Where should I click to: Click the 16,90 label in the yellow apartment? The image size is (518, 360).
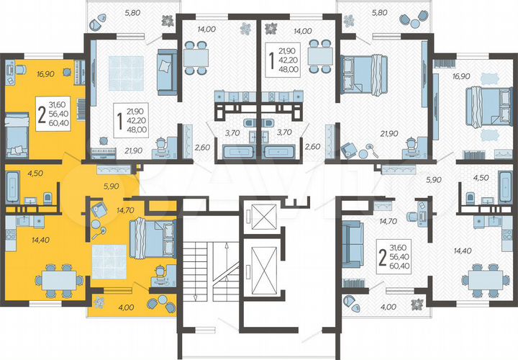point(24,73)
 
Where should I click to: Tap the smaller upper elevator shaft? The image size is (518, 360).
point(259,215)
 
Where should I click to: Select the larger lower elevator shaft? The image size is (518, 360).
point(259,270)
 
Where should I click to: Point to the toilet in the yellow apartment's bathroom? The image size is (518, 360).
point(47,197)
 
